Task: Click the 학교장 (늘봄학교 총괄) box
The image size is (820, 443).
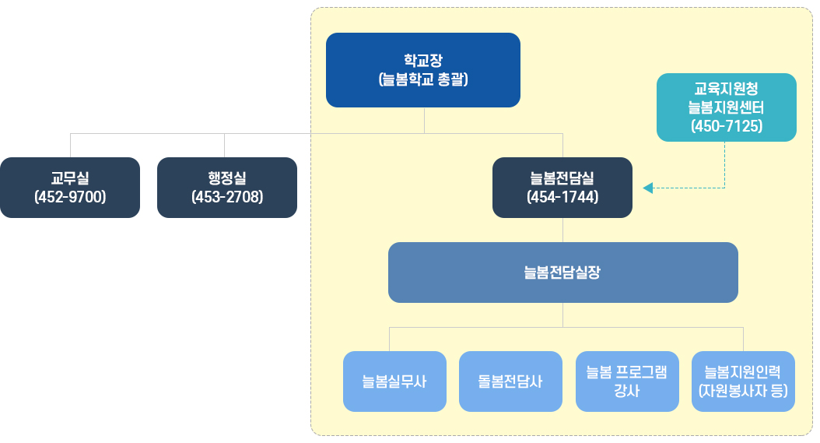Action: [x=422, y=69]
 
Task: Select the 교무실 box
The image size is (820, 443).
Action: [x=70, y=187]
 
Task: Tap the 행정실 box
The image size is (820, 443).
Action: [x=226, y=187]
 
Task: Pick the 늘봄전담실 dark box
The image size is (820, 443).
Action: [x=562, y=187]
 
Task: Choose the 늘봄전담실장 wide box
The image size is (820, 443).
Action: [x=562, y=272]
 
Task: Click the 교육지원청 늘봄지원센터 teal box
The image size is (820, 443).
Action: [x=726, y=107]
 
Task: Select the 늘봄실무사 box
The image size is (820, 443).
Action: [x=394, y=381]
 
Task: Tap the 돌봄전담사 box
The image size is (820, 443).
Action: [x=510, y=381]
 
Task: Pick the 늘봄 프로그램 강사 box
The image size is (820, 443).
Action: [x=626, y=381]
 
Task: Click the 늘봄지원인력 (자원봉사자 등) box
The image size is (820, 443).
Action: [x=743, y=381]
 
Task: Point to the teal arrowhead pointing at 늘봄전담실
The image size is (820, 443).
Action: [x=647, y=188]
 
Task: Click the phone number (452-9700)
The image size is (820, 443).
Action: [x=70, y=197]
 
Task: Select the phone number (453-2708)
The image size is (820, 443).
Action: [x=226, y=197]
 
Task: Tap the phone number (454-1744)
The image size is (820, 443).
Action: [x=562, y=197]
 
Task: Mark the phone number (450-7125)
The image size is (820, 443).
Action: [x=726, y=125]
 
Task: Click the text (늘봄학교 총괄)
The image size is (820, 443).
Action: [x=422, y=79]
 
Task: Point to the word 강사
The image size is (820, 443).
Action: [x=626, y=391]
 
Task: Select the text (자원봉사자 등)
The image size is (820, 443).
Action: [x=743, y=391]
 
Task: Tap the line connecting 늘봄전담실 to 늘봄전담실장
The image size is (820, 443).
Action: [x=562, y=230]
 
